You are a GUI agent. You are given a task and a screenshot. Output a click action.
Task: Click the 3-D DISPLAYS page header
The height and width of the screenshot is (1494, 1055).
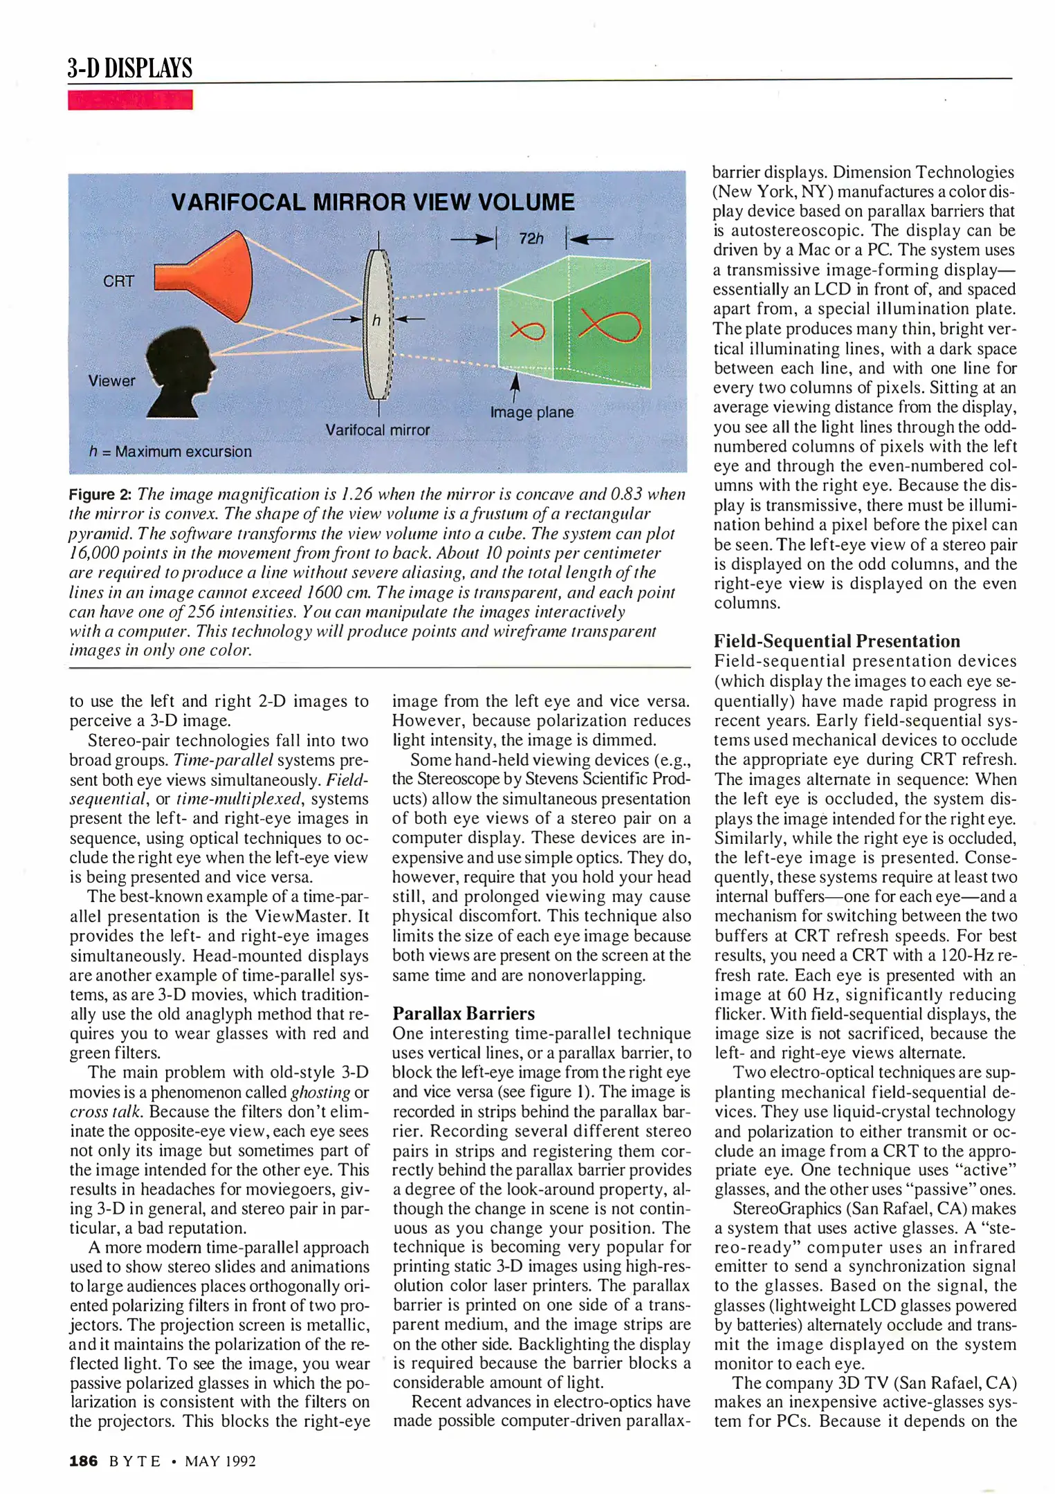point(129,68)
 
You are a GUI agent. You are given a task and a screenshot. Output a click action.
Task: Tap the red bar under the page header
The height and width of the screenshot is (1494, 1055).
point(130,100)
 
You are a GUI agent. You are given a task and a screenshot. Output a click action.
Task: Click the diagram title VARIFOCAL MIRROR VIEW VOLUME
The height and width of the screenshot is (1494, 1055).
point(372,203)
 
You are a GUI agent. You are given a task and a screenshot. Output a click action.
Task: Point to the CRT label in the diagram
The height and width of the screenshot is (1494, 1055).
point(118,282)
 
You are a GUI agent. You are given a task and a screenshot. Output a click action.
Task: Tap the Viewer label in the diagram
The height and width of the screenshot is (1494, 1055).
point(111,381)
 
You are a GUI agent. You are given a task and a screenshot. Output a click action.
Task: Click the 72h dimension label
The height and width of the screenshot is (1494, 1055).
point(531,239)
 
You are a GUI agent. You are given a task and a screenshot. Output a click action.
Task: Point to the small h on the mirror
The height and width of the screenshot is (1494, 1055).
point(376,320)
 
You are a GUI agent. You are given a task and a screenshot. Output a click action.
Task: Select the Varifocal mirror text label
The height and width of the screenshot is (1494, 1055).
point(378,430)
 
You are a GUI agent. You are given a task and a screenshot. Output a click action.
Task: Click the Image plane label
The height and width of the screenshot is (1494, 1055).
point(531,412)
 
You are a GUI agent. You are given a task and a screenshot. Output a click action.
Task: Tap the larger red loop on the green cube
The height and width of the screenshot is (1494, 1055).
point(610,326)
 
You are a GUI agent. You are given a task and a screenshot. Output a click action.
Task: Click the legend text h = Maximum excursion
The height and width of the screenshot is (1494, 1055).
point(170,452)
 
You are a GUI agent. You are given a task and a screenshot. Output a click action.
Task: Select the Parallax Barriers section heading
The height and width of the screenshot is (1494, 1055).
point(464,1014)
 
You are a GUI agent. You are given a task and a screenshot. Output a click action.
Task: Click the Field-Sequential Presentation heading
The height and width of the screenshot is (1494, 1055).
point(836,641)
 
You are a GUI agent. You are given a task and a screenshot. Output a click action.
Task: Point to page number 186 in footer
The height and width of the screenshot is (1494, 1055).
point(83,1461)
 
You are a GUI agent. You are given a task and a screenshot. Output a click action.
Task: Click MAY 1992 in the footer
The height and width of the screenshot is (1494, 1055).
point(220,1461)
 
